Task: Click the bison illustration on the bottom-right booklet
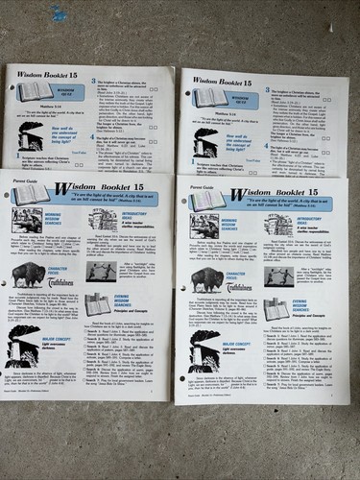(207, 279)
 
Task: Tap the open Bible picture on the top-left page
(36, 91)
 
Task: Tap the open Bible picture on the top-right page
(210, 97)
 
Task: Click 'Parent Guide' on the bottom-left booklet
(16, 175)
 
